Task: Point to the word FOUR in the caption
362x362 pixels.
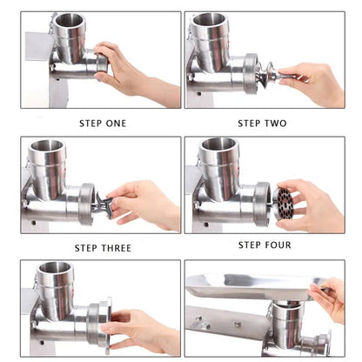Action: click(275, 245)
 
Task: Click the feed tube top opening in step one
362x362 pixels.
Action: click(68, 20)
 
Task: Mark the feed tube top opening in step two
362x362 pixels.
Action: click(210, 19)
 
